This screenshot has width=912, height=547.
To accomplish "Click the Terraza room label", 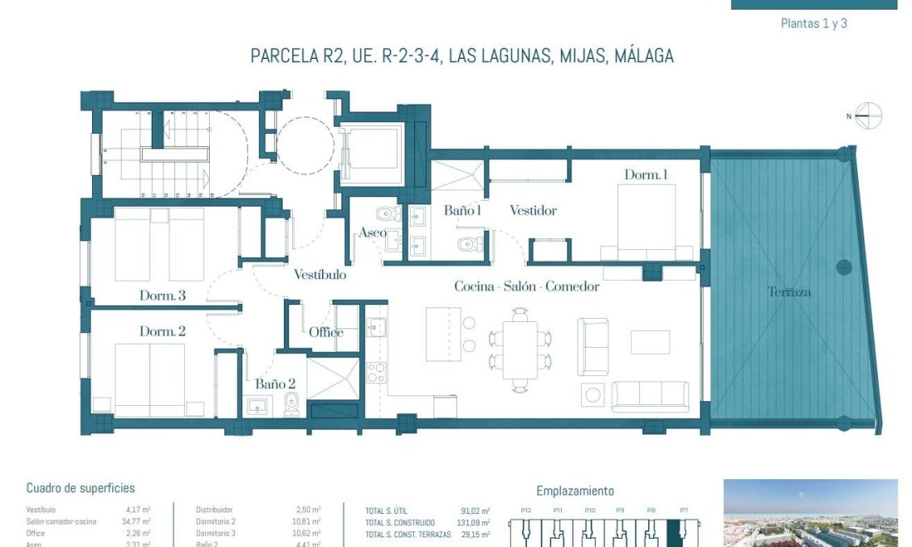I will point(789,292).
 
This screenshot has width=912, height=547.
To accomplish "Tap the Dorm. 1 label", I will point(646,175).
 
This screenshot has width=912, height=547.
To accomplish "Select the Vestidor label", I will point(533,211).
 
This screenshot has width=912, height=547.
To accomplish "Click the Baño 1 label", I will point(462,211).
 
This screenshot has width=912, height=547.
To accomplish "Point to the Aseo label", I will point(372,233).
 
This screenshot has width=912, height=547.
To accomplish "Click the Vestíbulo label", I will point(320,274).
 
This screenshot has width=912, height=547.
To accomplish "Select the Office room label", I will point(326,332).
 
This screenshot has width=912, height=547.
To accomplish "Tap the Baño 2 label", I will point(275,384).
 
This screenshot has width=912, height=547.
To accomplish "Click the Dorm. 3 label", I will point(162,296).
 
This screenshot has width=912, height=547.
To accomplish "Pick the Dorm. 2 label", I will point(162,332).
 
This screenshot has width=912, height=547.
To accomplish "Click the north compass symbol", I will point(868,116).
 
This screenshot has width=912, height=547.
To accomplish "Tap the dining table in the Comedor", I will point(520,350).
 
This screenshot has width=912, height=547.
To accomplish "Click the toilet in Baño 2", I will point(291,404).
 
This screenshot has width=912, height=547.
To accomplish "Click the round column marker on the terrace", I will point(843,267).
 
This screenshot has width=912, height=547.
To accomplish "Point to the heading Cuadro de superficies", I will point(81,488).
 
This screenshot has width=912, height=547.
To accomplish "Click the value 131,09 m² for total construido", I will point(475,522).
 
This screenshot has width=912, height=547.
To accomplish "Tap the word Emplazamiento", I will point(575,491).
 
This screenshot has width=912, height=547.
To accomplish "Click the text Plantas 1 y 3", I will point(814,23).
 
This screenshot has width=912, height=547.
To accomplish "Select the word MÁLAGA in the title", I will point(643,56).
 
